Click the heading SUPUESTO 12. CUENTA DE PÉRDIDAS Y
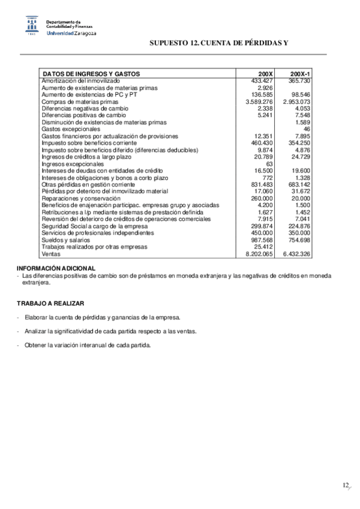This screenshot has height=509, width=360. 219,43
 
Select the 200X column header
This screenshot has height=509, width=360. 265,74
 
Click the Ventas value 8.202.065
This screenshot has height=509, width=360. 259,254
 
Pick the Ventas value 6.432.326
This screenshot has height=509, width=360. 296,254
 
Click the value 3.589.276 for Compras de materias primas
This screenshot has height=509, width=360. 259,102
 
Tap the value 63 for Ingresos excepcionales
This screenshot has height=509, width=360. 269,164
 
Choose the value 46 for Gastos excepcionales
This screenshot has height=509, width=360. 307,129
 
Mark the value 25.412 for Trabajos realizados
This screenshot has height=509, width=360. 263,247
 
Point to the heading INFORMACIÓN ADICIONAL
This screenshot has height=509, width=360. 56,268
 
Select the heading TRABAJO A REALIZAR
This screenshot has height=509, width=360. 50,303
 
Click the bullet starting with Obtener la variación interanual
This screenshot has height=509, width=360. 88,345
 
